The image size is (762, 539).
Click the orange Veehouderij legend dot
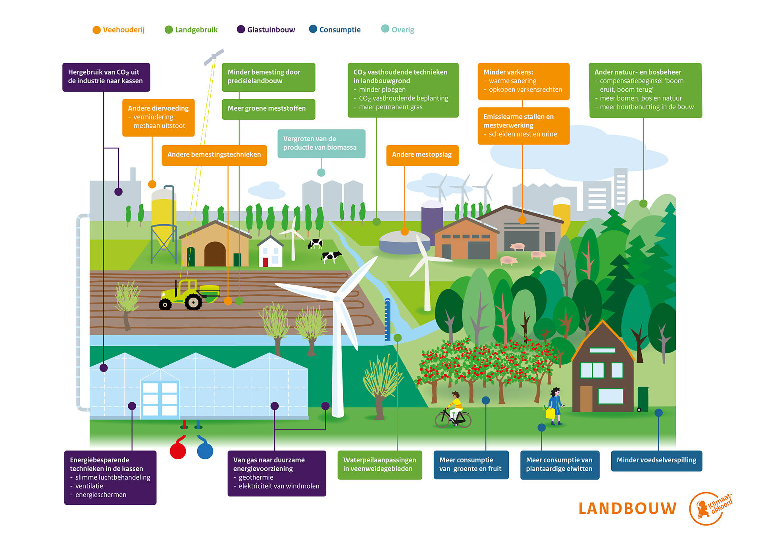(96, 30)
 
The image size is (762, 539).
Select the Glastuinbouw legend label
(271, 30)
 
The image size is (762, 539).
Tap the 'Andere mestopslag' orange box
(422, 155)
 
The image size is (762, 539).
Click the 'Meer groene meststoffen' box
(268, 109)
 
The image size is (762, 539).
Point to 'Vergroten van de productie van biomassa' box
(321, 144)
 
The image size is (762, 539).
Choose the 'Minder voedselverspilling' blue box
(656, 461)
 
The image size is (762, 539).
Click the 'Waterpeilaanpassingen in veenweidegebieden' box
(380, 465)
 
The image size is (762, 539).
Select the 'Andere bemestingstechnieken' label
(214, 155)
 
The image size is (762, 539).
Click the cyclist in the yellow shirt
(454, 410)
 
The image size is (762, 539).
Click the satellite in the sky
(214, 57)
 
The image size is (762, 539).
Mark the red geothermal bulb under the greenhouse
(178, 449)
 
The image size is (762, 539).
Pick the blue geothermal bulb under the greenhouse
(205, 449)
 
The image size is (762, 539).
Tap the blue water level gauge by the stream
(387, 320)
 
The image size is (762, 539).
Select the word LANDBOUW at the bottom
(627, 509)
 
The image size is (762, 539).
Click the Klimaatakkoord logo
(710, 508)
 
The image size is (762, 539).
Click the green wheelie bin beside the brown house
(643, 399)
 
